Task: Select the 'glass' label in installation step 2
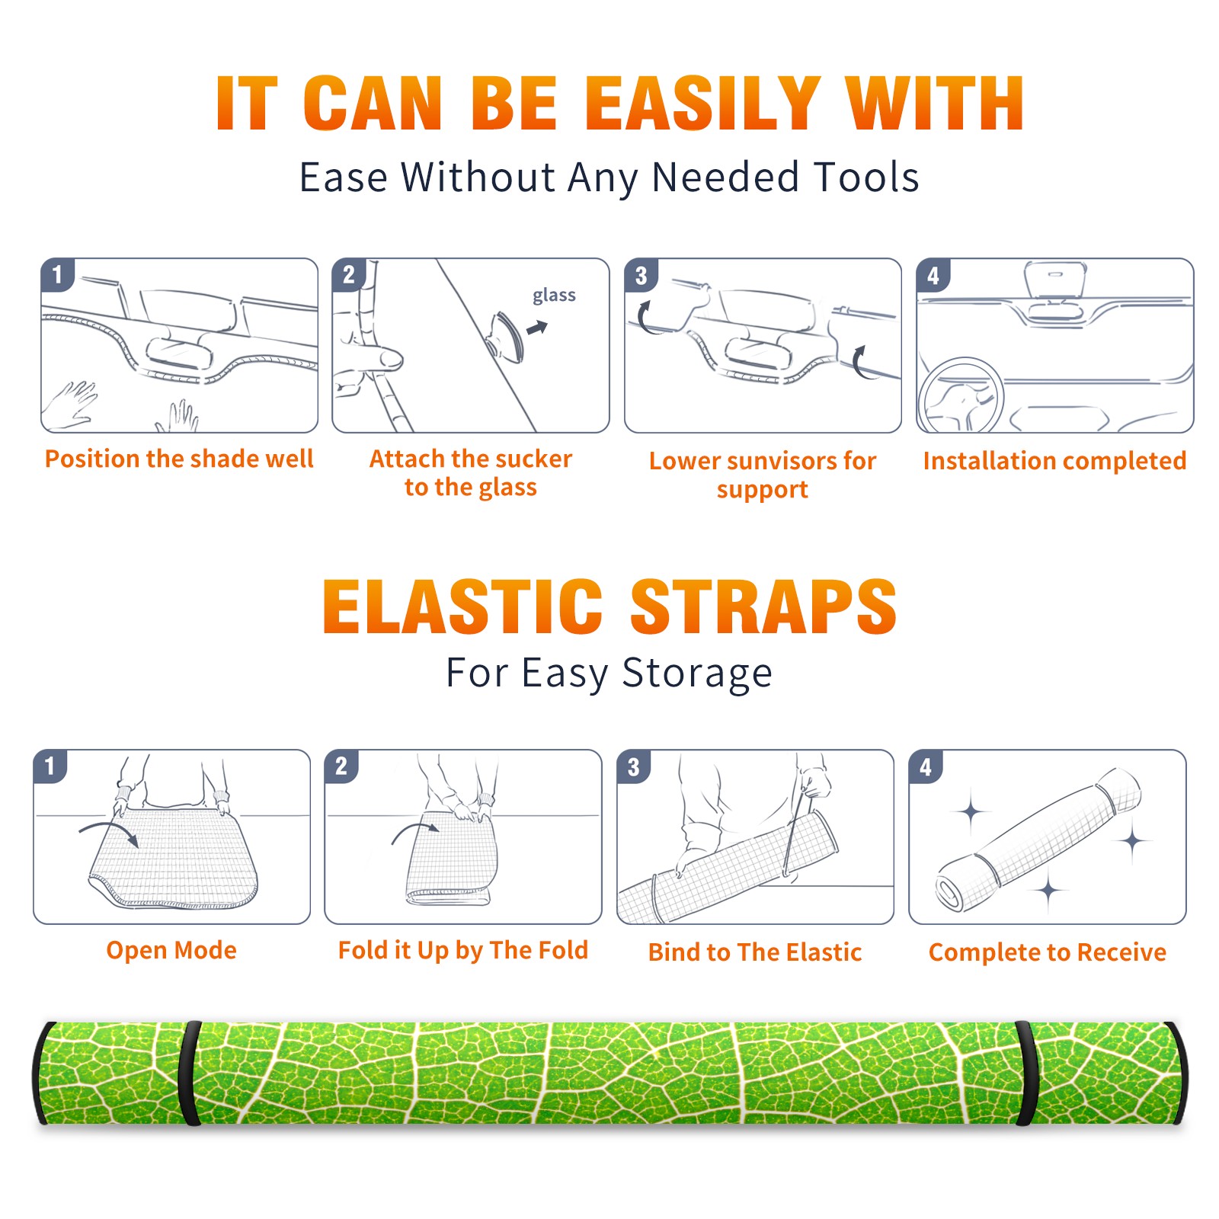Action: point(554,295)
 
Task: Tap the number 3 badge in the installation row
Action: point(641,276)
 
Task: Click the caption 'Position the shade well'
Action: point(179,459)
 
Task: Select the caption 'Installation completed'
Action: point(1054,460)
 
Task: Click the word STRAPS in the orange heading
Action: point(763,606)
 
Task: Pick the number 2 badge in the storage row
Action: point(341,766)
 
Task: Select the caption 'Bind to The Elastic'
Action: point(754,952)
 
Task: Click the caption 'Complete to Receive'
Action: point(1048,952)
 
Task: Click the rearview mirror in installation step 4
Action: point(1054,280)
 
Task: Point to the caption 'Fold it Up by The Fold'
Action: point(462,950)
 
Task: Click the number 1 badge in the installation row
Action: point(57,274)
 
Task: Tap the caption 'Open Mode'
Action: point(171,950)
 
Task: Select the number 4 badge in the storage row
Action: point(926,766)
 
